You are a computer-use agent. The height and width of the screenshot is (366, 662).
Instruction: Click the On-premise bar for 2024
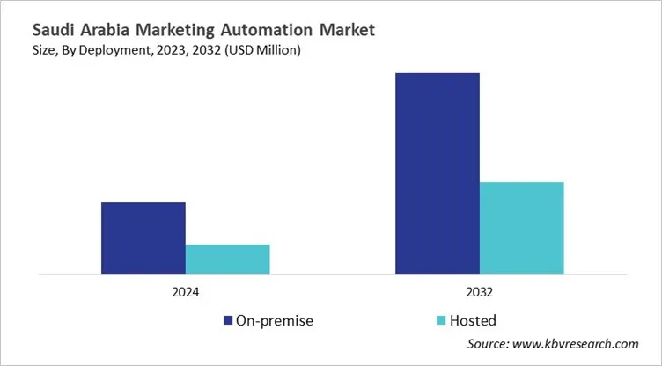[x=143, y=238]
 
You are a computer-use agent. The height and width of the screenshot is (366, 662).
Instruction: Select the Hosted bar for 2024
[x=227, y=259]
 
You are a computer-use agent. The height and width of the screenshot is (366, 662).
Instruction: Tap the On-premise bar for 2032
[x=437, y=172]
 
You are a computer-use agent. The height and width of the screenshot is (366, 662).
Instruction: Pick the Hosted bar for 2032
[x=521, y=227]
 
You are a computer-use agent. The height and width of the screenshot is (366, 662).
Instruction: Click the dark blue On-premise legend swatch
[x=228, y=320]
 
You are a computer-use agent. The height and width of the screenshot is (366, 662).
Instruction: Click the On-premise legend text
[x=275, y=320]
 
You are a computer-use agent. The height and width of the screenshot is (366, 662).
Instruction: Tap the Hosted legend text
[x=474, y=320]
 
